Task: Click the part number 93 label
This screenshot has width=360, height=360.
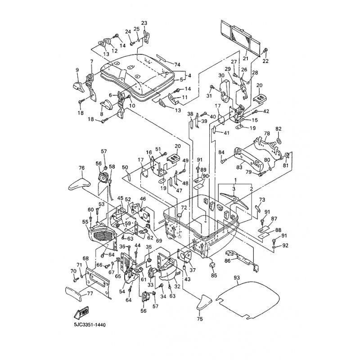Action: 237,279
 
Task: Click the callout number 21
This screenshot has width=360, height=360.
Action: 246,58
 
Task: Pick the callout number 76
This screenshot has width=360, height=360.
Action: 81,168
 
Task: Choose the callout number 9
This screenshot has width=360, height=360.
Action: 77,69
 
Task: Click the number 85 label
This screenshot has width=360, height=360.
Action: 214,275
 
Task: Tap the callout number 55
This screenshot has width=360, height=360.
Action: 85,221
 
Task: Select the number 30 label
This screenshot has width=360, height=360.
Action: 221,75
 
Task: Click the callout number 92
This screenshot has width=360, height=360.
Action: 285,246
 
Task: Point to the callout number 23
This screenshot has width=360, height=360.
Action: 144,23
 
